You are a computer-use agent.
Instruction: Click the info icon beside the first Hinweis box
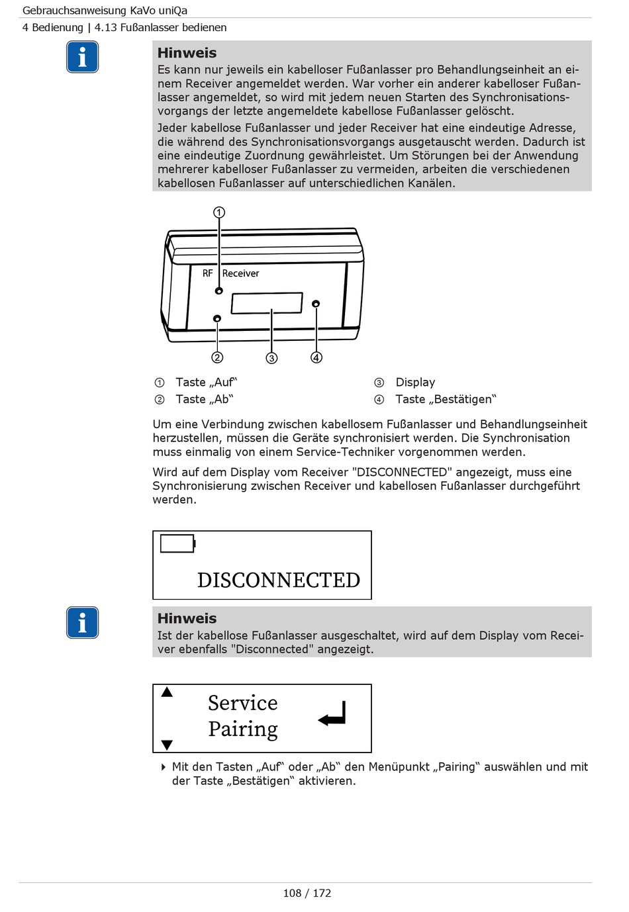tap(82, 57)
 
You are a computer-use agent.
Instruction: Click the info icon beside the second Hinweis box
tap(82, 623)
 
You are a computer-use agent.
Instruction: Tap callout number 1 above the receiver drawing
tap(218, 212)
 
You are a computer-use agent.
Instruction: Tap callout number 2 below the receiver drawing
tap(217, 357)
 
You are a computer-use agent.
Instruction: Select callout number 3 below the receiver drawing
tap(271, 358)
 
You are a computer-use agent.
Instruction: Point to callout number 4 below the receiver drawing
tap(316, 357)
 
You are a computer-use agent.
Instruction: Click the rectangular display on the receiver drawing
tap(266, 303)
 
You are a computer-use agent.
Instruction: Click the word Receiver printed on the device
tap(240, 273)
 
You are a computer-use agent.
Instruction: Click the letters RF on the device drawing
tap(208, 273)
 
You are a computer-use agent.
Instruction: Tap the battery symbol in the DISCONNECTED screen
tap(177, 543)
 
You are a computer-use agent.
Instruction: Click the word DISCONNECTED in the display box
tap(279, 580)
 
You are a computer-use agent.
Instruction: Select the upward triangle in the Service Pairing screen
tap(167, 692)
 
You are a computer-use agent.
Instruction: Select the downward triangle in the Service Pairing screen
tap(167, 745)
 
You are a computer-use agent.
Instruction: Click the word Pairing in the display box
tap(243, 729)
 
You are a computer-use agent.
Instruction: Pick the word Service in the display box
tap(243, 702)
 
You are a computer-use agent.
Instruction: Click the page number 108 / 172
tap(307, 893)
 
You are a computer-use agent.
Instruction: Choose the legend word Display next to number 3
tap(415, 382)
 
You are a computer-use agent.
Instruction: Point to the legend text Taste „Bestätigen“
tap(446, 399)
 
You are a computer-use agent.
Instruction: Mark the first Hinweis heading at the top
tap(187, 53)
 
